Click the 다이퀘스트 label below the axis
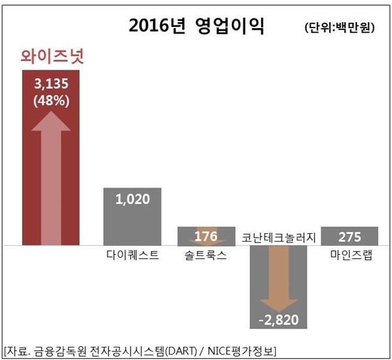(x=132, y=254)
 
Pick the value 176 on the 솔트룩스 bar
(x=205, y=235)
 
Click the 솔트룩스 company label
(x=205, y=254)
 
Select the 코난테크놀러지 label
(x=278, y=236)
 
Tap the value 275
(x=350, y=235)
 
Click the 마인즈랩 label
(x=351, y=254)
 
